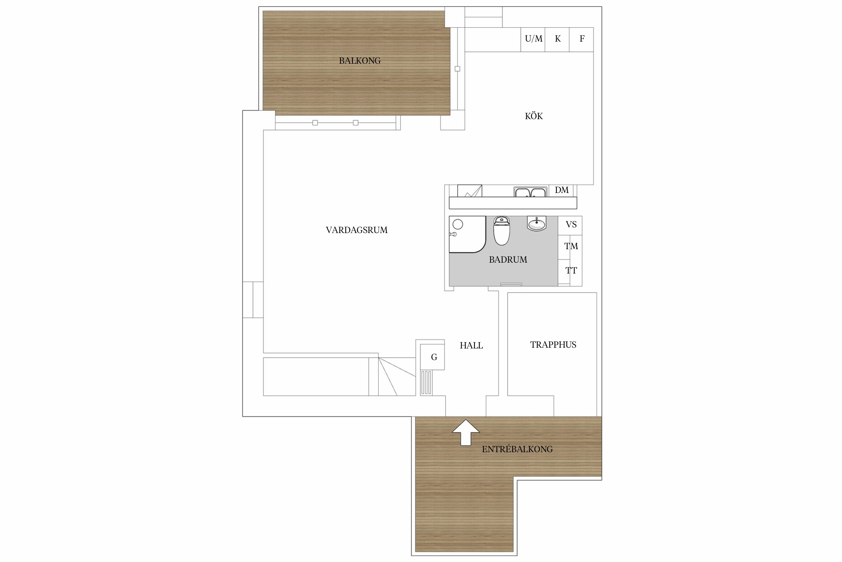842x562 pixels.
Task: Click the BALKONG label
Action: click(360, 61)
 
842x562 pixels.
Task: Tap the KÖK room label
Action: click(534, 116)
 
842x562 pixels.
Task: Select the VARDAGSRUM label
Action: click(357, 230)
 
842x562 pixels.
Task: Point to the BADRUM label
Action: click(508, 260)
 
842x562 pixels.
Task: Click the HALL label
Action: click(471, 345)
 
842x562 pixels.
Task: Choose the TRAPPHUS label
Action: click(553, 345)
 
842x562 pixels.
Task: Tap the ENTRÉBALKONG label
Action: click(517, 449)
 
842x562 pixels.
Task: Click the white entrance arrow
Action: click(466, 432)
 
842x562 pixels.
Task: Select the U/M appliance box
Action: click(533, 39)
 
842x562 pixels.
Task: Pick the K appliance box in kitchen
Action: click(557, 39)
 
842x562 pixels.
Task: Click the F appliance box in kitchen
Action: click(582, 39)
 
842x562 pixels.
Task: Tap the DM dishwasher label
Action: click(562, 190)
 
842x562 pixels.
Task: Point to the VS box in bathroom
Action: click(570, 226)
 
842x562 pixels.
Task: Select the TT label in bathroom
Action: click(571, 271)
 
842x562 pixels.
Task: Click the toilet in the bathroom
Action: click(501, 230)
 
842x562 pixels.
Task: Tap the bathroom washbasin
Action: click(537, 224)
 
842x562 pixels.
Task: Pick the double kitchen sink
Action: click(530, 192)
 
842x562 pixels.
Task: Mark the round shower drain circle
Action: click(458, 224)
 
